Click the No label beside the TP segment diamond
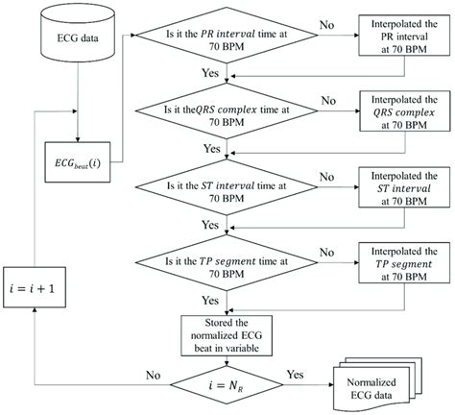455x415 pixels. pyautogui.click(x=328, y=244)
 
